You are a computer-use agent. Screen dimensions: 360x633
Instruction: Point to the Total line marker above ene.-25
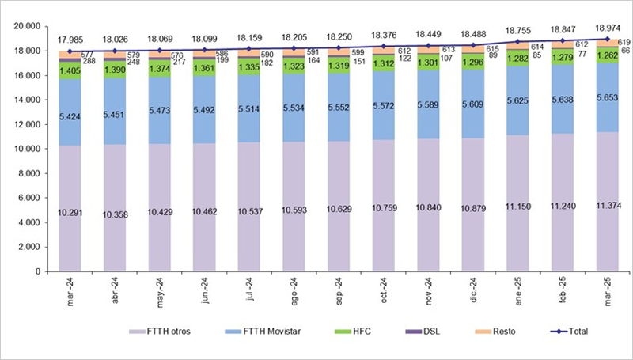coord(518,42)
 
